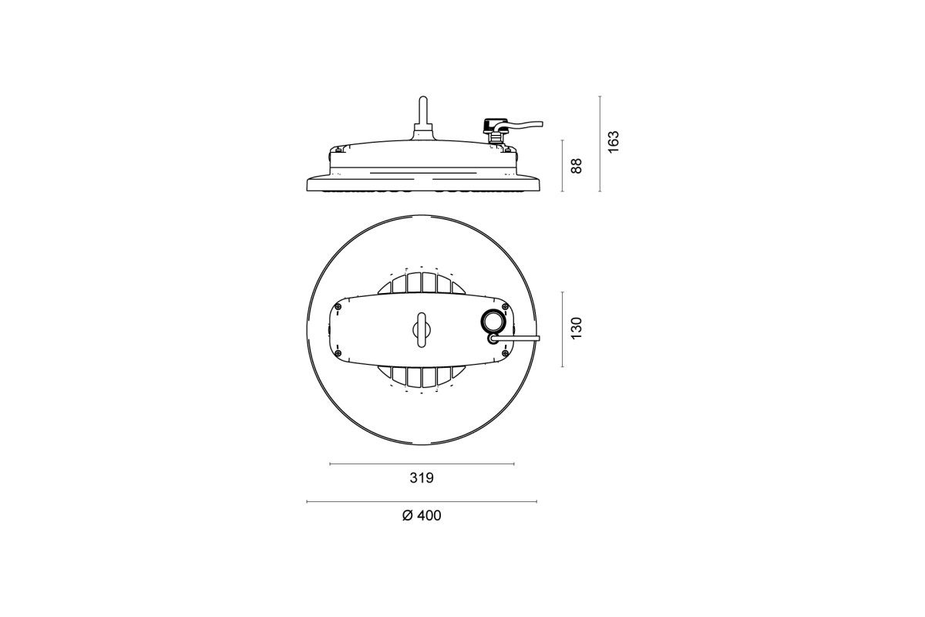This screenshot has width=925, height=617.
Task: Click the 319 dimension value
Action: point(422,478)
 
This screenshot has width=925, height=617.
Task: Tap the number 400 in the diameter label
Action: point(429,516)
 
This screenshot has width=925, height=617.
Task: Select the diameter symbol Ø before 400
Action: point(408,516)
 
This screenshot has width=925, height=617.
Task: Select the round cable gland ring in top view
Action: point(491,321)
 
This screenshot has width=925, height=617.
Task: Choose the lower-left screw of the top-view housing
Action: point(337,352)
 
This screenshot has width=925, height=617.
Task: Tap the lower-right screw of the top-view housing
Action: point(504,352)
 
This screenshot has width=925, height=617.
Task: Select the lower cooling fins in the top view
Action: point(421,377)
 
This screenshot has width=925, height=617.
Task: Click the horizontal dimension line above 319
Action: point(422,464)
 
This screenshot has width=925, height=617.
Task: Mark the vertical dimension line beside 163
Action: point(600,143)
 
